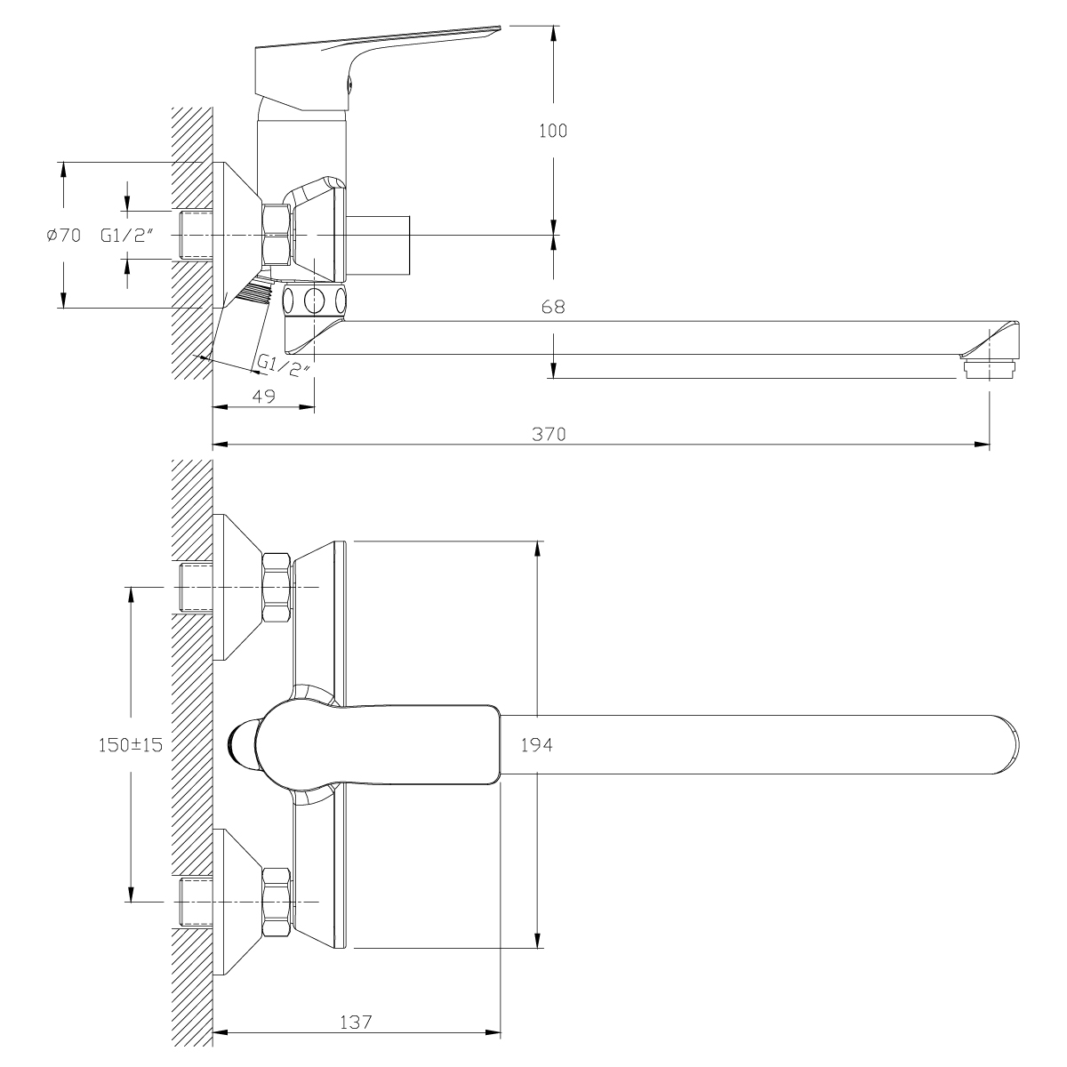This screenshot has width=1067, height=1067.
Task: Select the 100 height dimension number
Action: (553, 131)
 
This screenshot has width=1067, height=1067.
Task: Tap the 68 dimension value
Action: (553, 308)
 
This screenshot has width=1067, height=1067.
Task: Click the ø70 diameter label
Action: (62, 236)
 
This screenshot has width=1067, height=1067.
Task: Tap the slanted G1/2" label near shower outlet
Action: (283, 365)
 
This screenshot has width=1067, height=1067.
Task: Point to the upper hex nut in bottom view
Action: (277, 588)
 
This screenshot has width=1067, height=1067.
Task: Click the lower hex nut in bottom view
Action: (277, 903)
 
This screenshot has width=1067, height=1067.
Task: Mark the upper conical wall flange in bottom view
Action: (237, 588)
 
